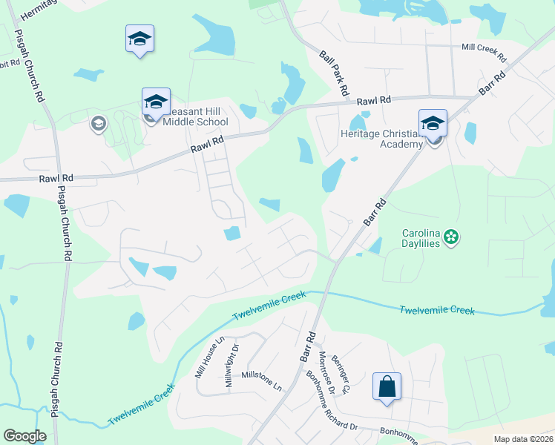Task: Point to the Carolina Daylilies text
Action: click(x=422, y=237)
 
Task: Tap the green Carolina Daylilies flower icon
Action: click(x=451, y=237)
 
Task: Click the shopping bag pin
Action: click(x=387, y=386)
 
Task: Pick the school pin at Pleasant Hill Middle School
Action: click(x=156, y=102)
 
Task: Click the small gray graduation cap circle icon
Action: click(x=98, y=123)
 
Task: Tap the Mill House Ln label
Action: click(x=208, y=357)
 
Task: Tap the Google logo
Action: click(x=25, y=436)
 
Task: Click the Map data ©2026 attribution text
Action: click(x=523, y=439)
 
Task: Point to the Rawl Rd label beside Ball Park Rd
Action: click(x=373, y=100)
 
